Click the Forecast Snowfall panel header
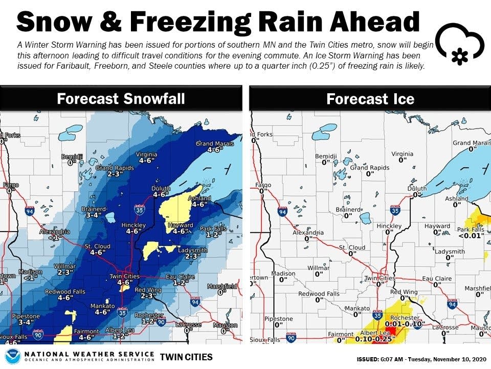[x=121, y=98]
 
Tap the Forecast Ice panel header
[x=370, y=98]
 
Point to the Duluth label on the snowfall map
[x=161, y=189]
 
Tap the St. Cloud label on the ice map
[x=352, y=248]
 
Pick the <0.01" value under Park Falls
[x=471, y=236]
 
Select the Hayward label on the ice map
[x=437, y=226]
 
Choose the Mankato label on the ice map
[x=357, y=309]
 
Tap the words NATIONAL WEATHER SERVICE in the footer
[x=90, y=354]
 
